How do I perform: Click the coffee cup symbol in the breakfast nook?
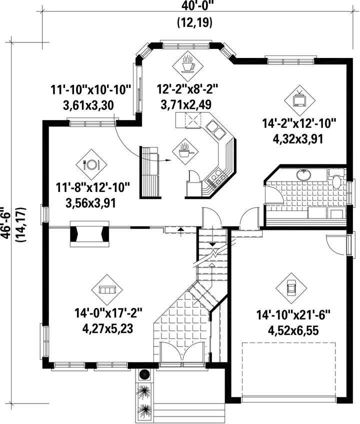click(187, 65)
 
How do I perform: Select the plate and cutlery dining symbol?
click(91, 164)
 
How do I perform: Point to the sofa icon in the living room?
click(107, 290)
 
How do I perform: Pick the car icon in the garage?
click(291, 288)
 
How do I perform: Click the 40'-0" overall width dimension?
click(194, 6)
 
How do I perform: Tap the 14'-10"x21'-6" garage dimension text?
click(293, 315)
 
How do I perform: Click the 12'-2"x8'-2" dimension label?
click(187, 88)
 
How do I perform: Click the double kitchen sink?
click(216, 128)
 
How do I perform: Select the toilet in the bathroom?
click(336, 179)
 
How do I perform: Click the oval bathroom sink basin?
click(303, 174)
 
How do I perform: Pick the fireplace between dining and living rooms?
click(90, 233)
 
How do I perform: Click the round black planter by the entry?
click(144, 374)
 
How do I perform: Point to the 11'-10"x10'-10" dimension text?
click(91, 90)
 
